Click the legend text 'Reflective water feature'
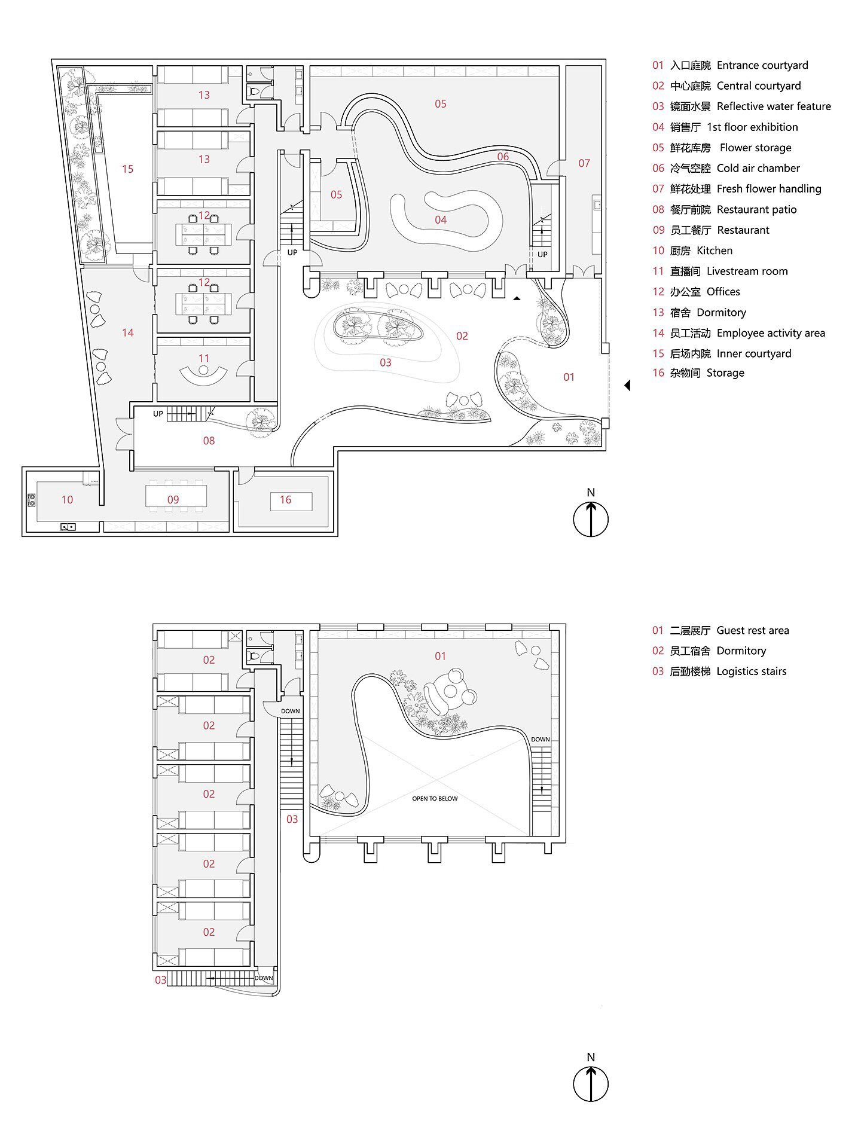774,106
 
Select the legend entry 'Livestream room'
747,271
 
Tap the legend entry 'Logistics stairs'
751,671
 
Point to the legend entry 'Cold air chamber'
758,169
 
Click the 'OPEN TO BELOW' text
435,799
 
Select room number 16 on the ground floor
285,500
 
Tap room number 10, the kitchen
67,500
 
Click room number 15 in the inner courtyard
127,169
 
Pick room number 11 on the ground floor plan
204,359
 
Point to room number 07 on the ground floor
584,163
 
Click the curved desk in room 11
204,375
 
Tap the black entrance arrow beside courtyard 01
627,386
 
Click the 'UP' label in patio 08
158,414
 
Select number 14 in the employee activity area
127,333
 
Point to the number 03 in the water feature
385,363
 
